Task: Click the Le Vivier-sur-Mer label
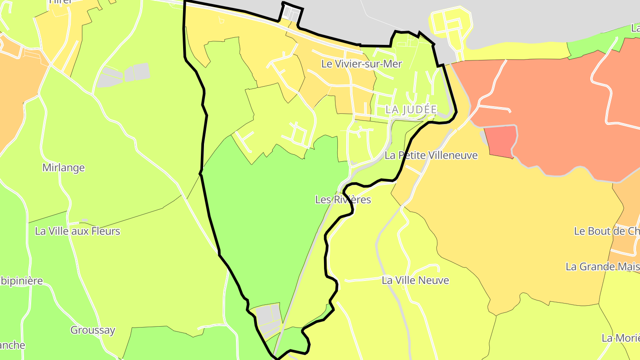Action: point(361,64)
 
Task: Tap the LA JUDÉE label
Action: point(411,109)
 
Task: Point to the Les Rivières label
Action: point(343,200)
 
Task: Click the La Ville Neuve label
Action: point(415,280)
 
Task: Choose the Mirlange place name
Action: point(64,168)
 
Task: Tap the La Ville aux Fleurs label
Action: point(77,231)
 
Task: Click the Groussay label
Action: point(92,330)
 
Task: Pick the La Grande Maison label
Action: point(602,267)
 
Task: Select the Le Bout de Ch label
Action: point(607,231)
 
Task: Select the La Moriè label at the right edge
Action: point(620,338)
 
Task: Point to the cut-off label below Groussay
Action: point(12,345)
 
